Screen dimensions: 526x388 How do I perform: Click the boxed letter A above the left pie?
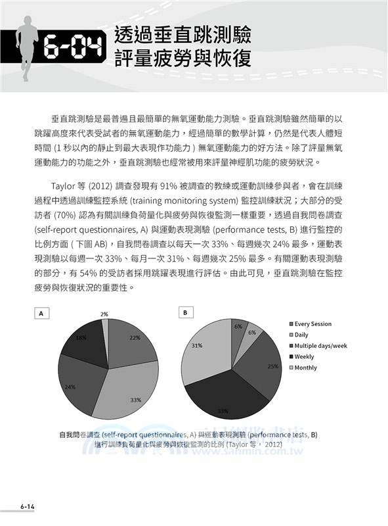[x=41, y=314]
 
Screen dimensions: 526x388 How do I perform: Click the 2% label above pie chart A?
[x=104, y=314]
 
